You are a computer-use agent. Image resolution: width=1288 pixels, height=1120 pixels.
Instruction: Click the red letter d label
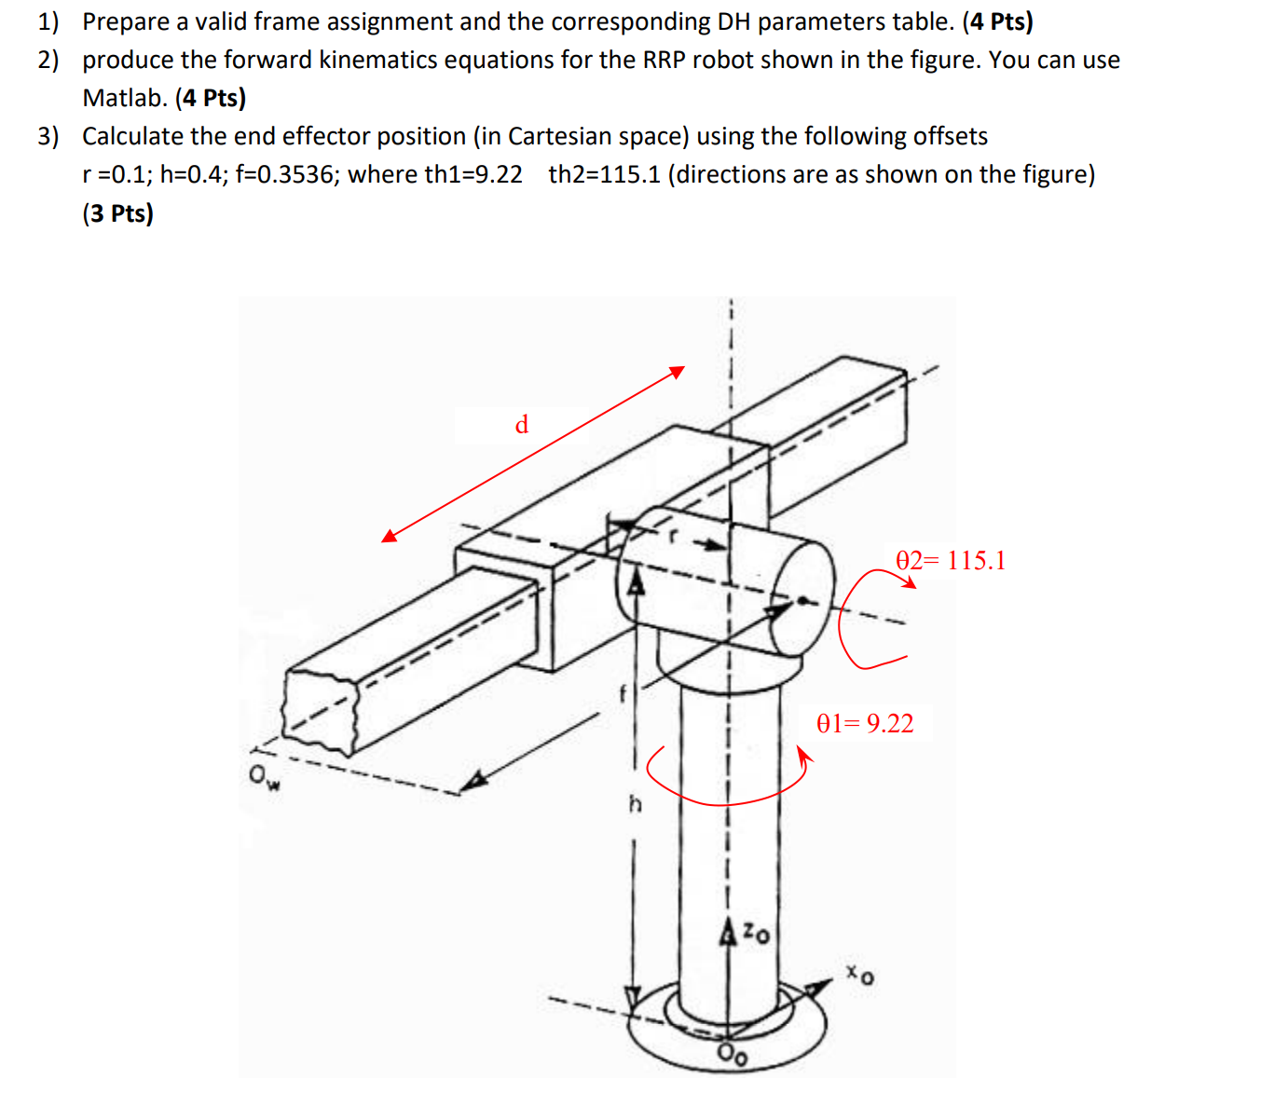(x=522, y=425)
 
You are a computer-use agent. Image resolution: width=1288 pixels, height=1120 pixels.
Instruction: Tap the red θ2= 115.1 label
(x=950, y=560)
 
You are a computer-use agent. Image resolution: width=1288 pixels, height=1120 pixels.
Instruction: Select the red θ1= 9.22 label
(x=864, y=723)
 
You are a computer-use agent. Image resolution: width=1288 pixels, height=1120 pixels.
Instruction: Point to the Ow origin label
(x=264, y=776)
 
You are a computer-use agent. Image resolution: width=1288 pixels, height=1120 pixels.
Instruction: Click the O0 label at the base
(x=732, y=1055)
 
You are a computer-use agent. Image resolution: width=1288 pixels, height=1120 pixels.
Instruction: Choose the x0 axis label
(x=860, y=975)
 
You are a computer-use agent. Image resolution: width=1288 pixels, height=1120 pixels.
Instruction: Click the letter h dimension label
(x=635, y=803)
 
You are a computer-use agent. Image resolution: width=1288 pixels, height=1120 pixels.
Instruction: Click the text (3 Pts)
(x=117, y=213)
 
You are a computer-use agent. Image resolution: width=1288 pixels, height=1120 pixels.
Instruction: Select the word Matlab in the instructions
(x=124, y=98)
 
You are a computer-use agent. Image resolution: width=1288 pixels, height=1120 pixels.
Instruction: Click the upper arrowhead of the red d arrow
(x=678, y=372)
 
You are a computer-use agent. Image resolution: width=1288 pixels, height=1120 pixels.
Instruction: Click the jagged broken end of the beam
(x=321, y=709)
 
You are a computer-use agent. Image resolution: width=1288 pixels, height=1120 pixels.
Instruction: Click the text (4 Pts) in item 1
(x=997, y=21)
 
